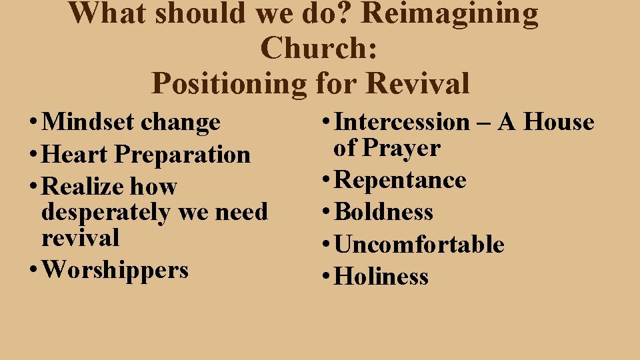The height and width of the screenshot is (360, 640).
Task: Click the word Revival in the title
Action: click(x=418, y=84)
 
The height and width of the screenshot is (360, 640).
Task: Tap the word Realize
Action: click(x=83, y=187)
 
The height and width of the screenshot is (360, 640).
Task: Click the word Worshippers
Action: click(x=115, y=270)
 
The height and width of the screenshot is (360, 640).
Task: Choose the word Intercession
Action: click(x=402, y=123)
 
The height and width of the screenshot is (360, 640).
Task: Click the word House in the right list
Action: click(x=559, y=123)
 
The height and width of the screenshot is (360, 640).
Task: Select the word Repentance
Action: click(x=400, y=181)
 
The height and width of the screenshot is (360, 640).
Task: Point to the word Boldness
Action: click(x=384, y=213)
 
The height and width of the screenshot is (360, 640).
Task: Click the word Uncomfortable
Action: click(x=419, y=245)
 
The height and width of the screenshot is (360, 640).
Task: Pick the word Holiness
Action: click(x=381, y=277)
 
